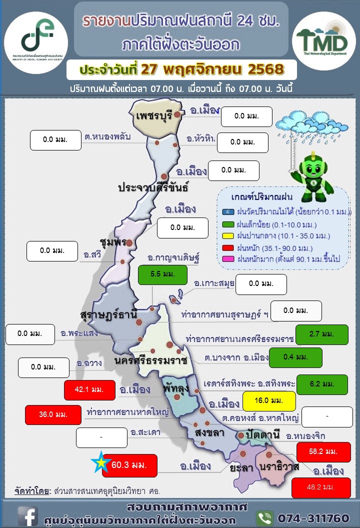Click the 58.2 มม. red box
coord(323,451)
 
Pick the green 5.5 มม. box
coord(162,275)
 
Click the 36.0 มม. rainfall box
coord(53,414)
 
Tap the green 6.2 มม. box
coord(322,384)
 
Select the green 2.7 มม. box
coord(321,334)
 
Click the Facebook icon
coord(28,516)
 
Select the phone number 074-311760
coord(317,516)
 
